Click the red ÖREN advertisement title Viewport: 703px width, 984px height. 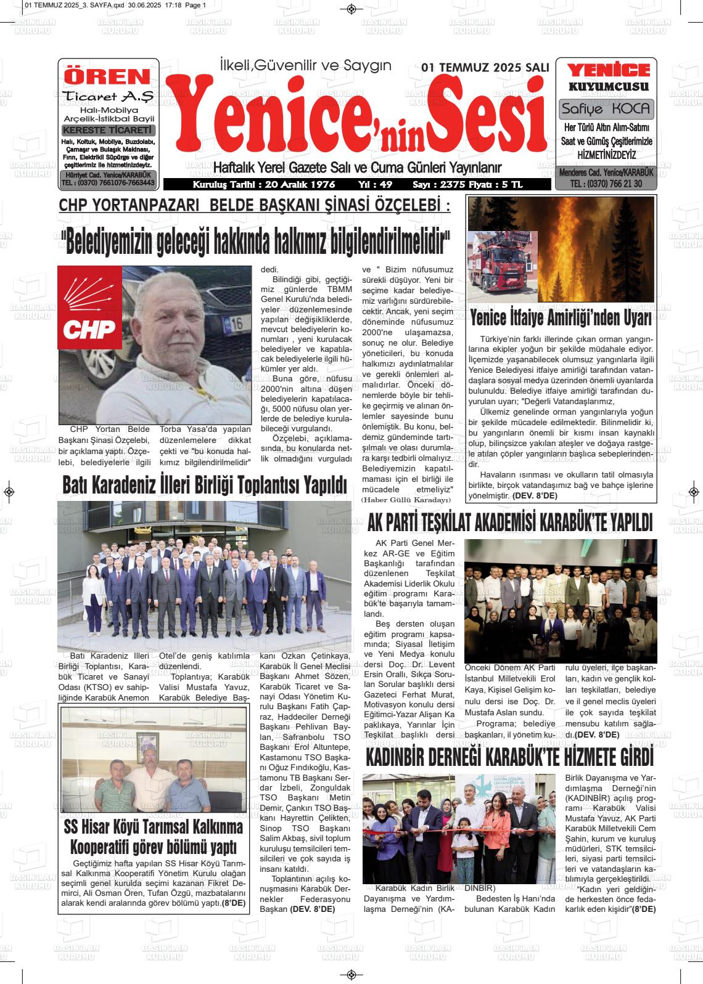coord(108,76)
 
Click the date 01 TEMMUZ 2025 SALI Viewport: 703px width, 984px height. coord(484,68)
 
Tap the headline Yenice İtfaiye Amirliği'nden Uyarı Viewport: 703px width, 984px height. coord(561,319)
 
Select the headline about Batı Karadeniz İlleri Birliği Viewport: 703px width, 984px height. coord(205,485)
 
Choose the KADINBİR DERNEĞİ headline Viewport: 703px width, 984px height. coord(509,757)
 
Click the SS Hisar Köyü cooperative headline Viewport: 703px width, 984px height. coord(154,836)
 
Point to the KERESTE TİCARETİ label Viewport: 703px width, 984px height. coord(108,131)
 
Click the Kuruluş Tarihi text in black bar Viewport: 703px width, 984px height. coord(264,185)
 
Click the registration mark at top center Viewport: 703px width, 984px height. coord(351,9)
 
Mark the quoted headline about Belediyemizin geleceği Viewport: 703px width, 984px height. coord(255,244)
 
